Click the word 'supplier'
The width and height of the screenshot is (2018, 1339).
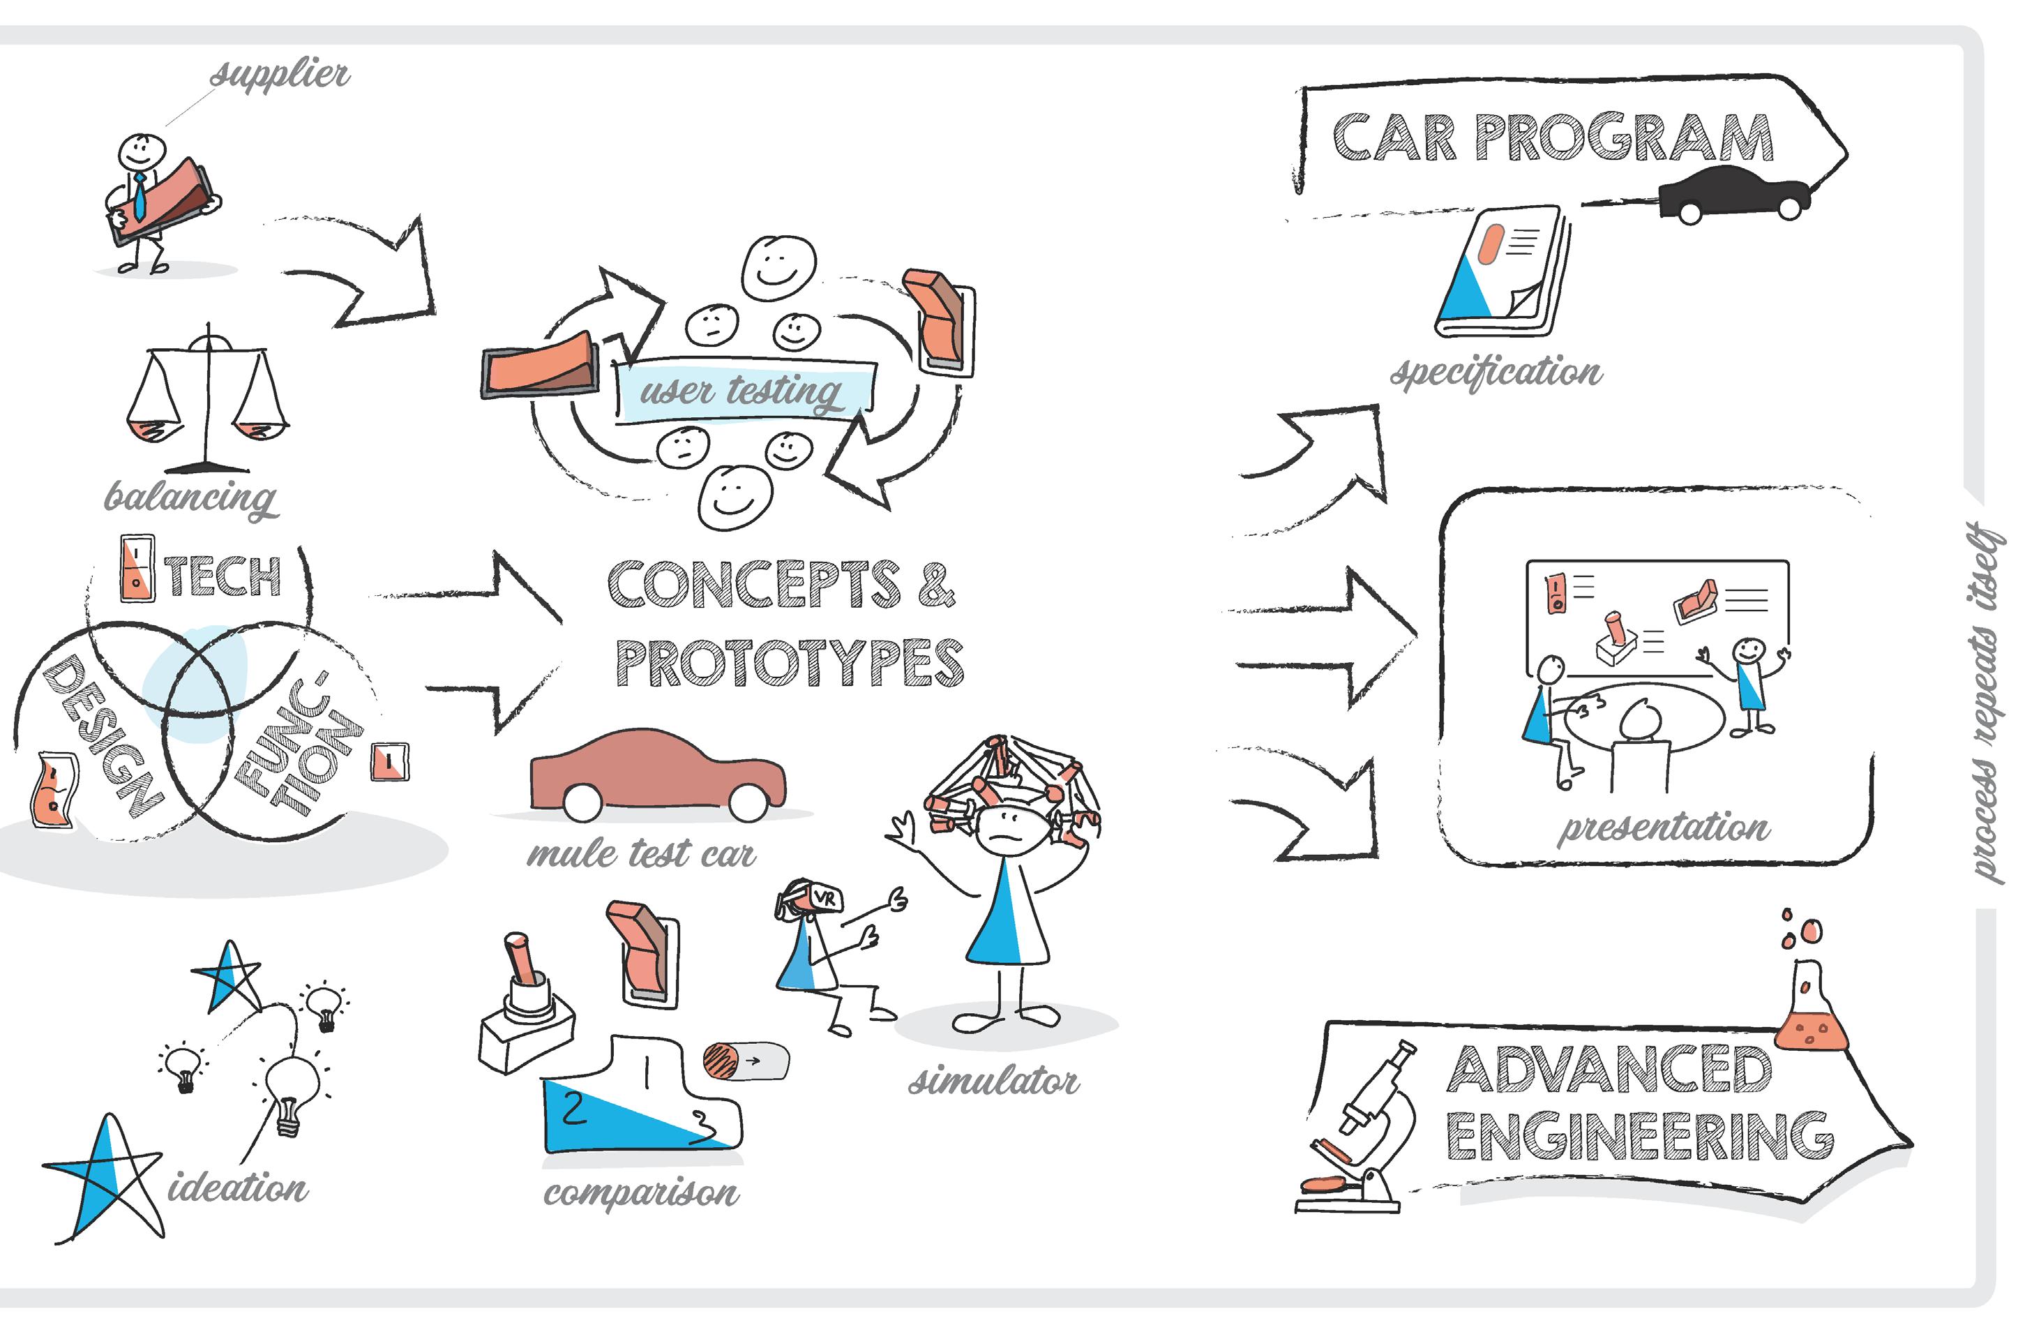(280, 75)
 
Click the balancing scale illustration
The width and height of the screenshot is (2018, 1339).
(207, 401)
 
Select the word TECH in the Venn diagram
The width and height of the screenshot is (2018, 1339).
(224, 576)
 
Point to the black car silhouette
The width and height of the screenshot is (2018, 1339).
(1733, 195)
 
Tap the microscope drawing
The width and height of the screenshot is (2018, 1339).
(1362, 1127)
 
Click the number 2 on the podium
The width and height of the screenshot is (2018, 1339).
(573, 1109)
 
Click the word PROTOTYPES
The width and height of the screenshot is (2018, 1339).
(790, 664)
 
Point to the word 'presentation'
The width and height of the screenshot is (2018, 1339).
(1664, 828)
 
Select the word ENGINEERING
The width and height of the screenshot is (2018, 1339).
(1639, 1137)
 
